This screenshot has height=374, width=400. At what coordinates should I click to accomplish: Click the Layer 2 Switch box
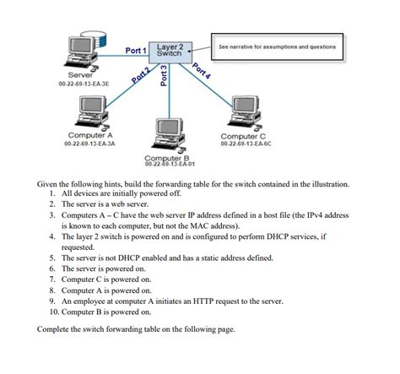click(x=170, y=50)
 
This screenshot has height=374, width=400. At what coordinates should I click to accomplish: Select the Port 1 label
click(x=136, y=51)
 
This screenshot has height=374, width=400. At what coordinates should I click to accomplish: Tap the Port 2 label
click(x=141, y=74)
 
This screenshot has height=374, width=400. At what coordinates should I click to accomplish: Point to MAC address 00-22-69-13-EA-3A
click(x=89, y=144)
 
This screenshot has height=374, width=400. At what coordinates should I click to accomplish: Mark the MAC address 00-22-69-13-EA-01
click(x=169, y=165)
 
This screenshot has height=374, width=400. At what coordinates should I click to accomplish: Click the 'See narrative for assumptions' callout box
click(x=276, y=46)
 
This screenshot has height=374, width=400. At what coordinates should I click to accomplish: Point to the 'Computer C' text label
click(x=243, y=136)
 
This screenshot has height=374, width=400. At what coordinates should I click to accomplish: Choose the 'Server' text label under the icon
click(x=68, y=76)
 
